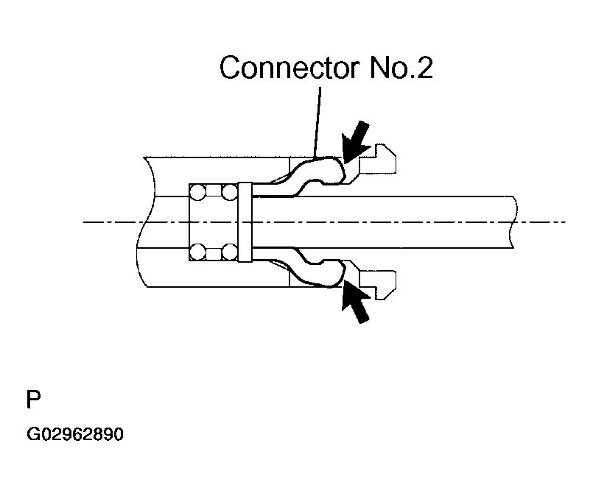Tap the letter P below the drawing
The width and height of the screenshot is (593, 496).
point(33,400)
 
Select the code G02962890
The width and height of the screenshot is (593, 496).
point(75,435)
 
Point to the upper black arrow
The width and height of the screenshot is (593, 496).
point(359,144)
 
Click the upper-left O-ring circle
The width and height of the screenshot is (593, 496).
point(198,193)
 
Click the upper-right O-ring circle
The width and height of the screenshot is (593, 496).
point(230,193)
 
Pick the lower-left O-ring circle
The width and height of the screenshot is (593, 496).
point(198,252)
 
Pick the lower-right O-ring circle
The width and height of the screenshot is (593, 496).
point(230,252)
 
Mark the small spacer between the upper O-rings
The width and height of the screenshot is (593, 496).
point(214,193)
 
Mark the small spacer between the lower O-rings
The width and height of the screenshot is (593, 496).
point(214,252)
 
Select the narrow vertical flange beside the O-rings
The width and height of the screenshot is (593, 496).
point(245,222)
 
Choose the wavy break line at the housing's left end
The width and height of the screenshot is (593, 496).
point(142,221)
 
